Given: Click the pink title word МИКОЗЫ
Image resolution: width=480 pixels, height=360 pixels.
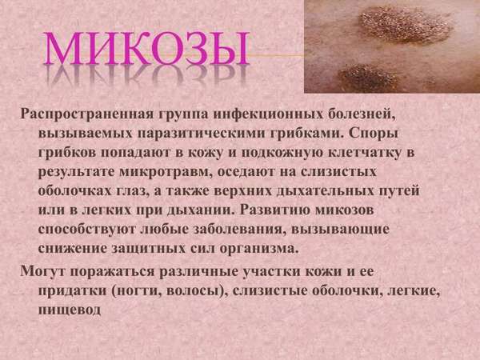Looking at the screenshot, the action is pyautogui.click(x=146, y=48).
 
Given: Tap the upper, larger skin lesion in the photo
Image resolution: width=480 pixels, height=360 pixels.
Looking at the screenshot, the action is pyautogui.click(x=405, y=25).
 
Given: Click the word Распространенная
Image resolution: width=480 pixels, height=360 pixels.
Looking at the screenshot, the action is pyautogui.click(x=86, y=114).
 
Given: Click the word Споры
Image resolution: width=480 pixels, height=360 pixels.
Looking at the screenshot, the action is pyautogui.click(x=373, y=134).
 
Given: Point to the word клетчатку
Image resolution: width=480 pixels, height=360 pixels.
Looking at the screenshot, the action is pyautogui.click(x=364, y=153).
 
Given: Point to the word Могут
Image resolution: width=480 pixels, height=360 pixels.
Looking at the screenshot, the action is pyautogui.click(x=42, y=271).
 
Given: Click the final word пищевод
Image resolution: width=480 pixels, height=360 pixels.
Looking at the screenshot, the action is pyautogui.click(x=69, y=310).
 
